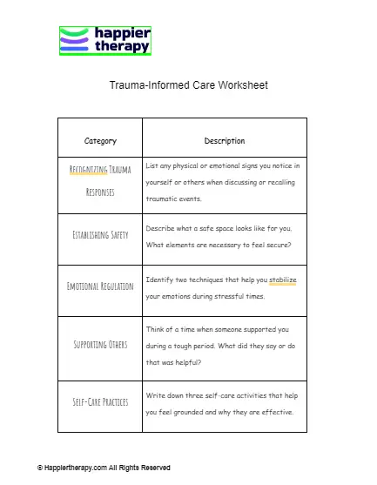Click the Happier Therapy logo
coord(105,41)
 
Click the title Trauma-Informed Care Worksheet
coord(188,86)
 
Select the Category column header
coord(100,141)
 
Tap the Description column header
coord(225,141)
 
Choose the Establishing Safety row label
coord(100,235)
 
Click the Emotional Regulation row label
coord(100,286)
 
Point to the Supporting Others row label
coord(100,345)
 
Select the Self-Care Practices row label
coord(100,402)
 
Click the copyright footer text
coord(104,468)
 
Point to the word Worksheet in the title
coord(246,86)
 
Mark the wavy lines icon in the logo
coord(74,41)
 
